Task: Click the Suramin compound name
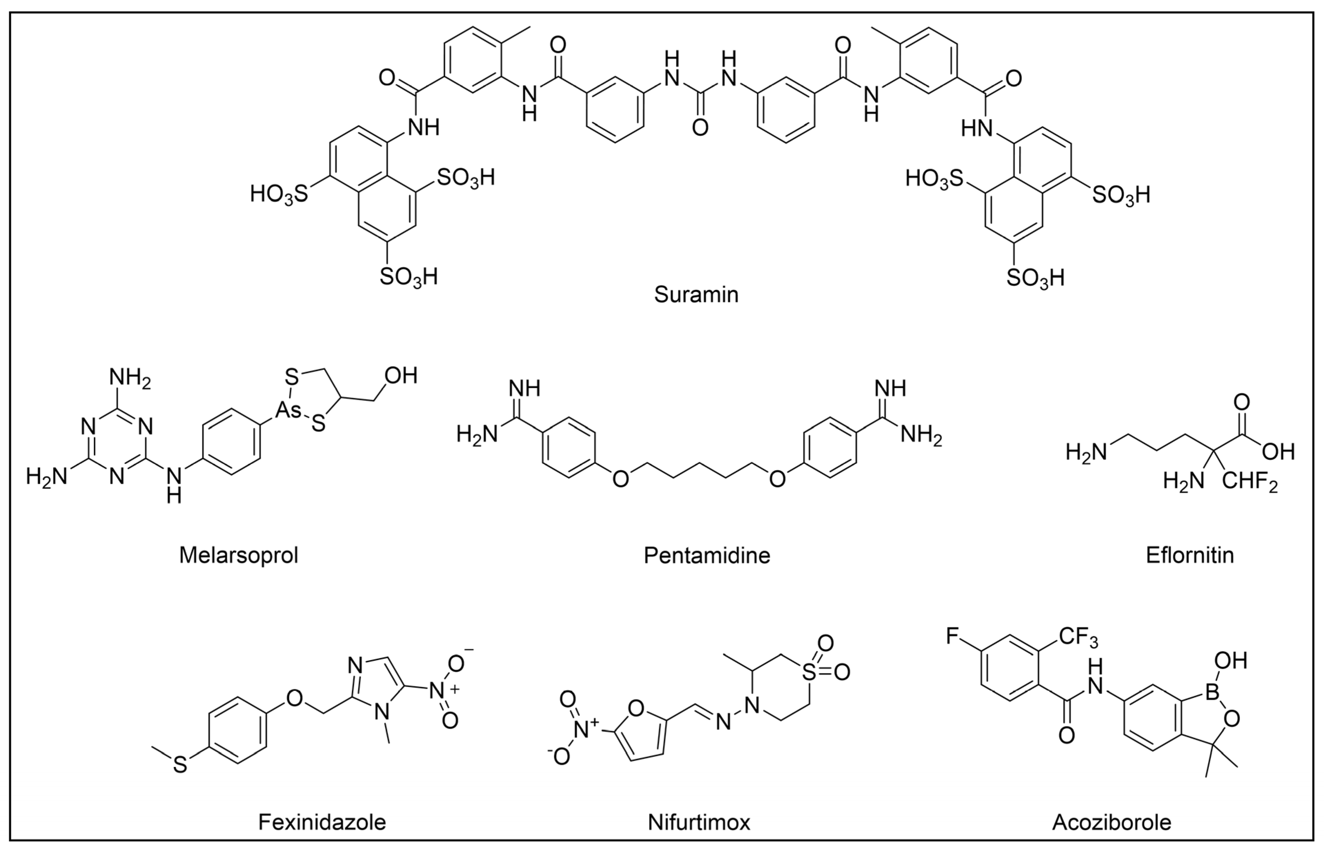click(696, 294)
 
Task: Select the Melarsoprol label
click(239, 555)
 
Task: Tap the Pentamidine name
click(707, 555)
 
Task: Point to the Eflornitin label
click(1190, 555)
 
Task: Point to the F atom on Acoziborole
click(953, 636)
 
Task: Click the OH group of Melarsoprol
click(401, 376)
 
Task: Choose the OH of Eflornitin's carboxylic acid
click(1278, 452)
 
